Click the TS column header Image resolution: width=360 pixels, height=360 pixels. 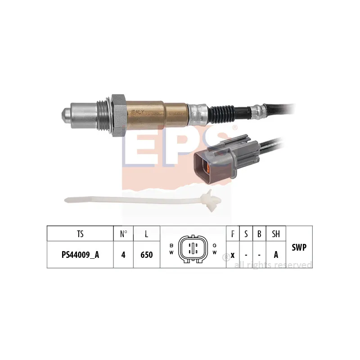pos(80,234)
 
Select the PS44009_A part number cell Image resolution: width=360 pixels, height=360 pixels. pos(80,255)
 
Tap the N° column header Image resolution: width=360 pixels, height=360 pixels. pos(123,234)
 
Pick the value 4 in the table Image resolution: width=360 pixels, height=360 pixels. pos(123,255)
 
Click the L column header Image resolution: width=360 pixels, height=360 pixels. pos(147,234)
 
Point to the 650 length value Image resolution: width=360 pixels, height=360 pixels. pos(147,255)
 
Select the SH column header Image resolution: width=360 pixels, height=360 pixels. pos(276,234)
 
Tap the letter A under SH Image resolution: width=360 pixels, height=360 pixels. pos(276,255)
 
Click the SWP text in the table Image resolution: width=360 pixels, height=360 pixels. pos(299,247)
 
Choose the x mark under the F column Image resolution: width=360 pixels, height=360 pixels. pos(233,255)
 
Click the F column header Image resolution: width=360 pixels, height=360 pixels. pos(233,234)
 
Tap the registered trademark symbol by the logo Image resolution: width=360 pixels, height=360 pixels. pos(234,128)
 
